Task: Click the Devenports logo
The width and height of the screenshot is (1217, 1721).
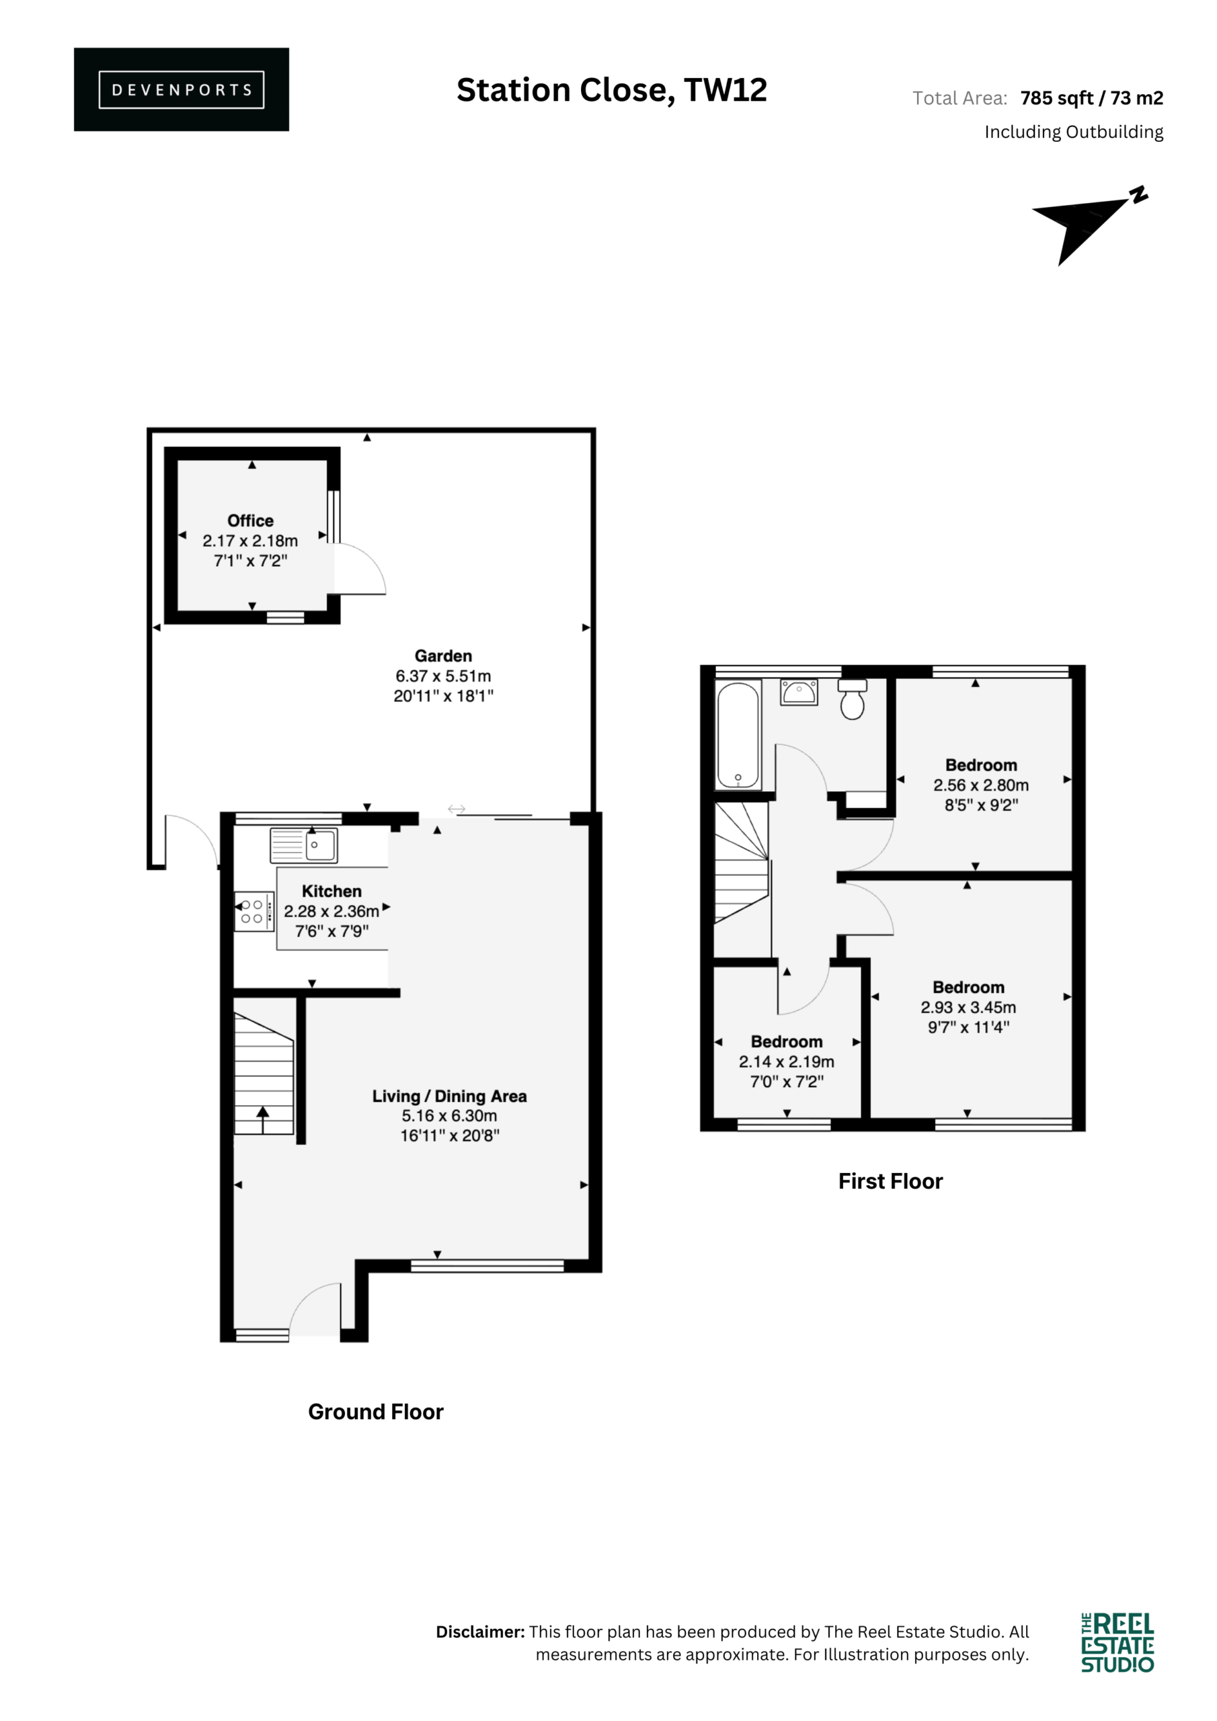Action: click(182, 89)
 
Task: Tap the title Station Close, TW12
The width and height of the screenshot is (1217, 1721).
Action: click(612, 90)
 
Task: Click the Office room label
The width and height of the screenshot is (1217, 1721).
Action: click(250, 520)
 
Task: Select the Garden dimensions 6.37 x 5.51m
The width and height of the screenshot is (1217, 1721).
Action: click(443, 676)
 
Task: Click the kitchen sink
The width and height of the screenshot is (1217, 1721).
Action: click(304, 846)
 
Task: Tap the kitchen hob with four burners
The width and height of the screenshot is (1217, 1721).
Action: click(254, 912)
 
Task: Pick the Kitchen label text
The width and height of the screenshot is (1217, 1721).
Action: click(331, 891)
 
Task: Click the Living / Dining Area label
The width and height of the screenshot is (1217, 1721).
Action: click(449, 1096)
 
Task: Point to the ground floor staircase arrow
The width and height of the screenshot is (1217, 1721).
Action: click(262, 1120)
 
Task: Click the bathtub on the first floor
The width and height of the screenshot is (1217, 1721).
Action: click(738, 735)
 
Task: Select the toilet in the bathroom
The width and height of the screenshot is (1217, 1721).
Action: click(852, 699)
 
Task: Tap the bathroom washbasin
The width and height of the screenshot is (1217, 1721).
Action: click(799, 692)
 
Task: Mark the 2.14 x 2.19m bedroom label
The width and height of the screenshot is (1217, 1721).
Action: click(787, 1062)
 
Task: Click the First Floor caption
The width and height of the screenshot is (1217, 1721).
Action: click(890, 1181)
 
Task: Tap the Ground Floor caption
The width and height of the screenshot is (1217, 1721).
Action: click(376, 1412)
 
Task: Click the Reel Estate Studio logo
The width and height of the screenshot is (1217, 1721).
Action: click(1117, 1642)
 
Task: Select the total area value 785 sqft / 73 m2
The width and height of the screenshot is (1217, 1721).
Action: click(1092, 98)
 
